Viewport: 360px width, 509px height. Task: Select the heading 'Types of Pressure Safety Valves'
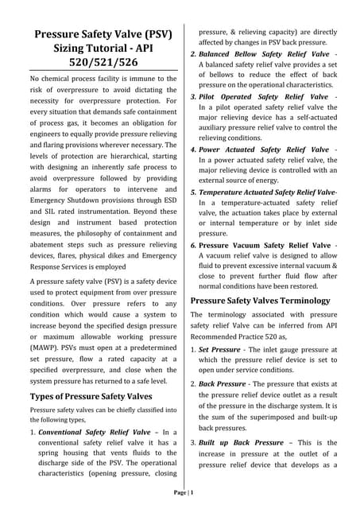coord(91,395)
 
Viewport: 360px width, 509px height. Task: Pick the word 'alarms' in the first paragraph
coord(44,190)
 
